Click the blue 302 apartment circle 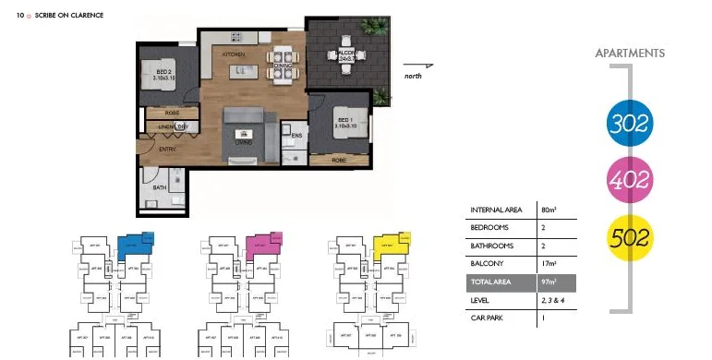pyautogui.click(x=631, y=122)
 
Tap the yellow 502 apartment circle pyautogui.click(x=631, y=236)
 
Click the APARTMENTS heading pyautogui.click(x=630, y=54)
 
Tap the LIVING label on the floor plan pyautogui.click(x=245, y=143)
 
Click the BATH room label pyautogui.click(x=161, y=187)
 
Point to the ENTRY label pyautogui.click(x=167, y=149)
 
